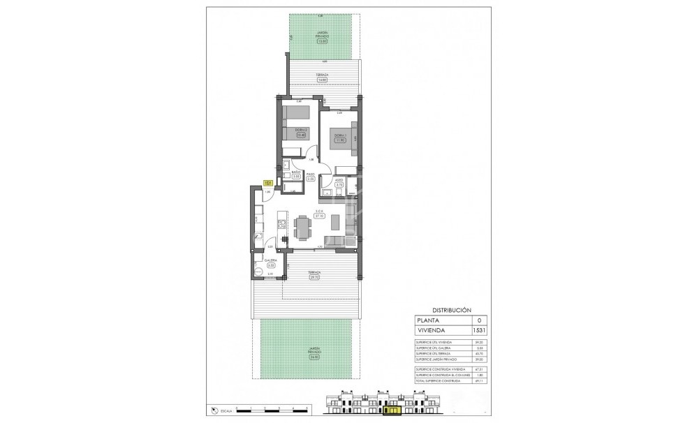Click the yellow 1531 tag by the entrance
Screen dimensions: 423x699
click(267, 183)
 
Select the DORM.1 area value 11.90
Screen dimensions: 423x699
click(340, 140)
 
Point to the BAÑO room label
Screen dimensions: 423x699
click(296, 172)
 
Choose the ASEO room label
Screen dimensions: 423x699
click(339, 179)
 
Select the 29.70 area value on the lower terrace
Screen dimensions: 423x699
click(314, 277)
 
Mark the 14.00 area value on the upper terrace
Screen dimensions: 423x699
click(322, 80)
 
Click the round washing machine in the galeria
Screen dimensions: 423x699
click(260, 274)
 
